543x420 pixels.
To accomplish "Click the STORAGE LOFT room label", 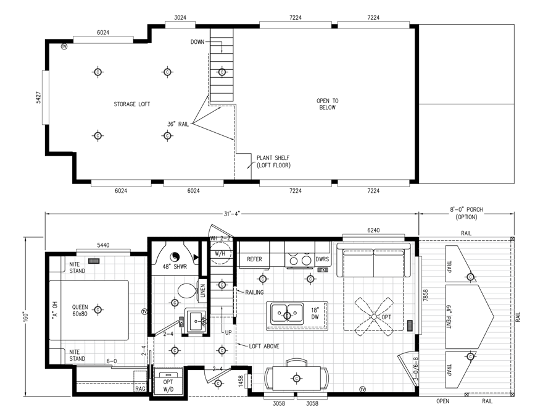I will coord(131,104).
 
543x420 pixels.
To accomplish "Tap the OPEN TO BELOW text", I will coord(327,104).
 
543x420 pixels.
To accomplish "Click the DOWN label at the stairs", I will coord(197,42).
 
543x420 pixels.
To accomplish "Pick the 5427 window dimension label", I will coord(38,101).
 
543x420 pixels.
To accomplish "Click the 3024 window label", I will coord(181,17).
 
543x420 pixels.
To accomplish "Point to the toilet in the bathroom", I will coord(185,290).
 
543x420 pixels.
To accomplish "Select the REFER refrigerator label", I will coord(255,259).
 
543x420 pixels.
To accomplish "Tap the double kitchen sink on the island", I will coord(288,314).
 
